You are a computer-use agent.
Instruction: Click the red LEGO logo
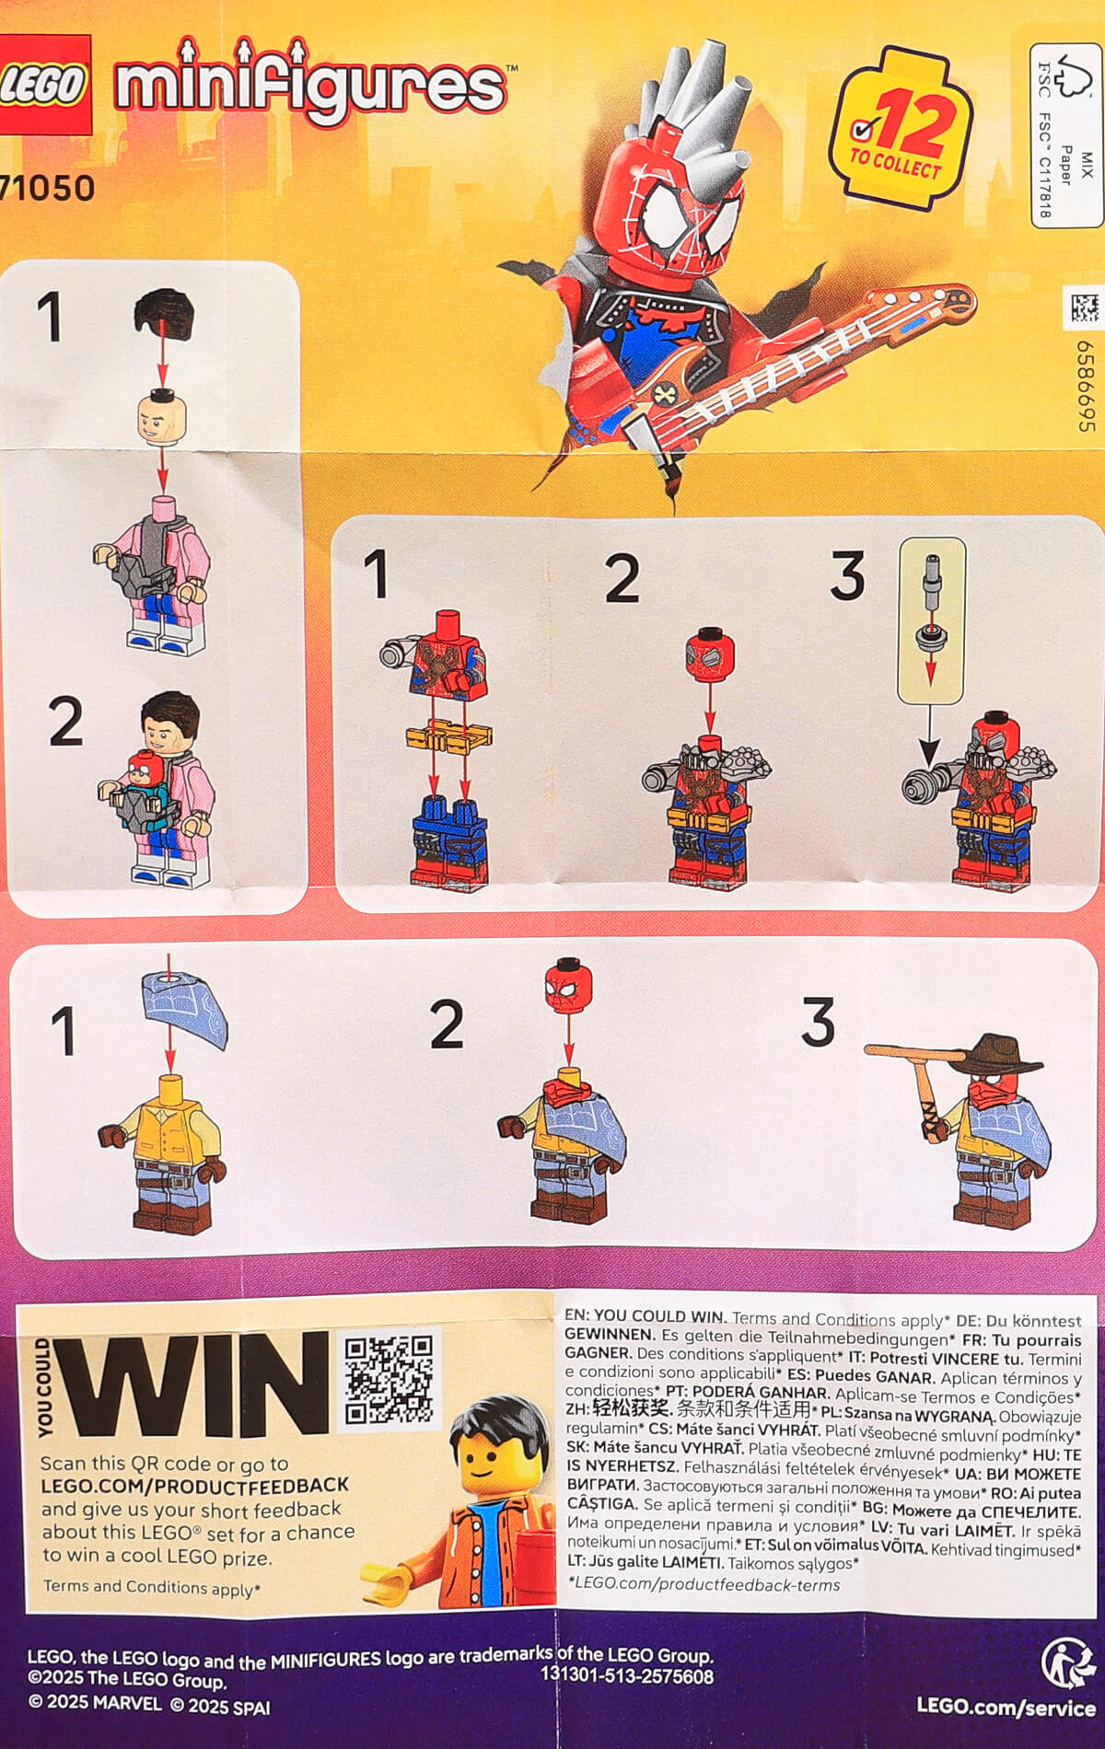tap(44, 85)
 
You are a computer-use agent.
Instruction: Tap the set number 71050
tap(48, 188)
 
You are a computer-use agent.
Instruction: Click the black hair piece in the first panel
tap(165, 311)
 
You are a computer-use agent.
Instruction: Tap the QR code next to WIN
tap(389, 1379)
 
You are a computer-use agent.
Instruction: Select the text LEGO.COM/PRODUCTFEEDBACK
tap(195, 1485)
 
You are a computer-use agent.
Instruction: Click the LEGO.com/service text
tap(1005, 1708)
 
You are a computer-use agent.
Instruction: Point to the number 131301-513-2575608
tap(626, 1675)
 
